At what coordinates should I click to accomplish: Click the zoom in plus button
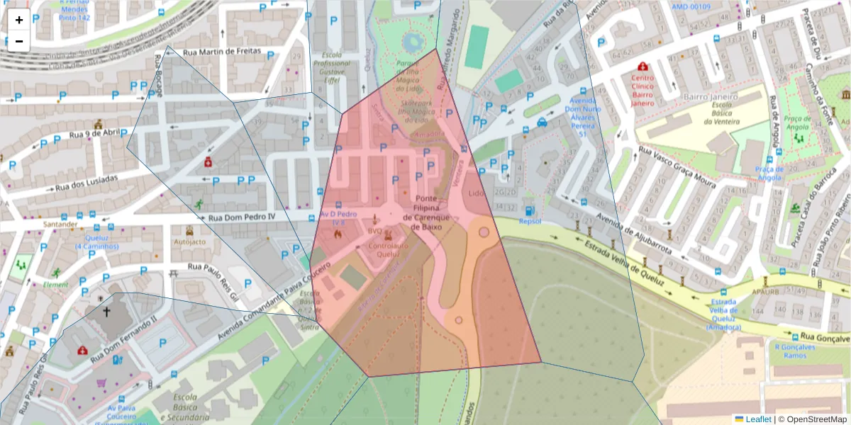pyautogui.click(x=19, y=20)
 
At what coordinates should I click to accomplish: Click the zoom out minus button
pyautogui.click(x=19, y=41)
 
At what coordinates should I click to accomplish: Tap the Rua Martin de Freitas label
pyautogui.click(x=222, y=52)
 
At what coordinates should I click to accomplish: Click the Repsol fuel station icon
pyautogui.click(x=529, y=210)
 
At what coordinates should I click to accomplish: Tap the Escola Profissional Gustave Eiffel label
pyautogui.click(x=331, y=67)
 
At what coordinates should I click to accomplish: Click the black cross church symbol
pyautogui.click(x=106, y=311)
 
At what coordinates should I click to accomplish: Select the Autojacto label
pyautogui.click(x=189, y=241)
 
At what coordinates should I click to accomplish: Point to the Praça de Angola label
pyautogui.click(x=769, y=173)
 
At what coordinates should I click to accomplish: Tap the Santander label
pyautogui.click(x=60, y=224)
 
